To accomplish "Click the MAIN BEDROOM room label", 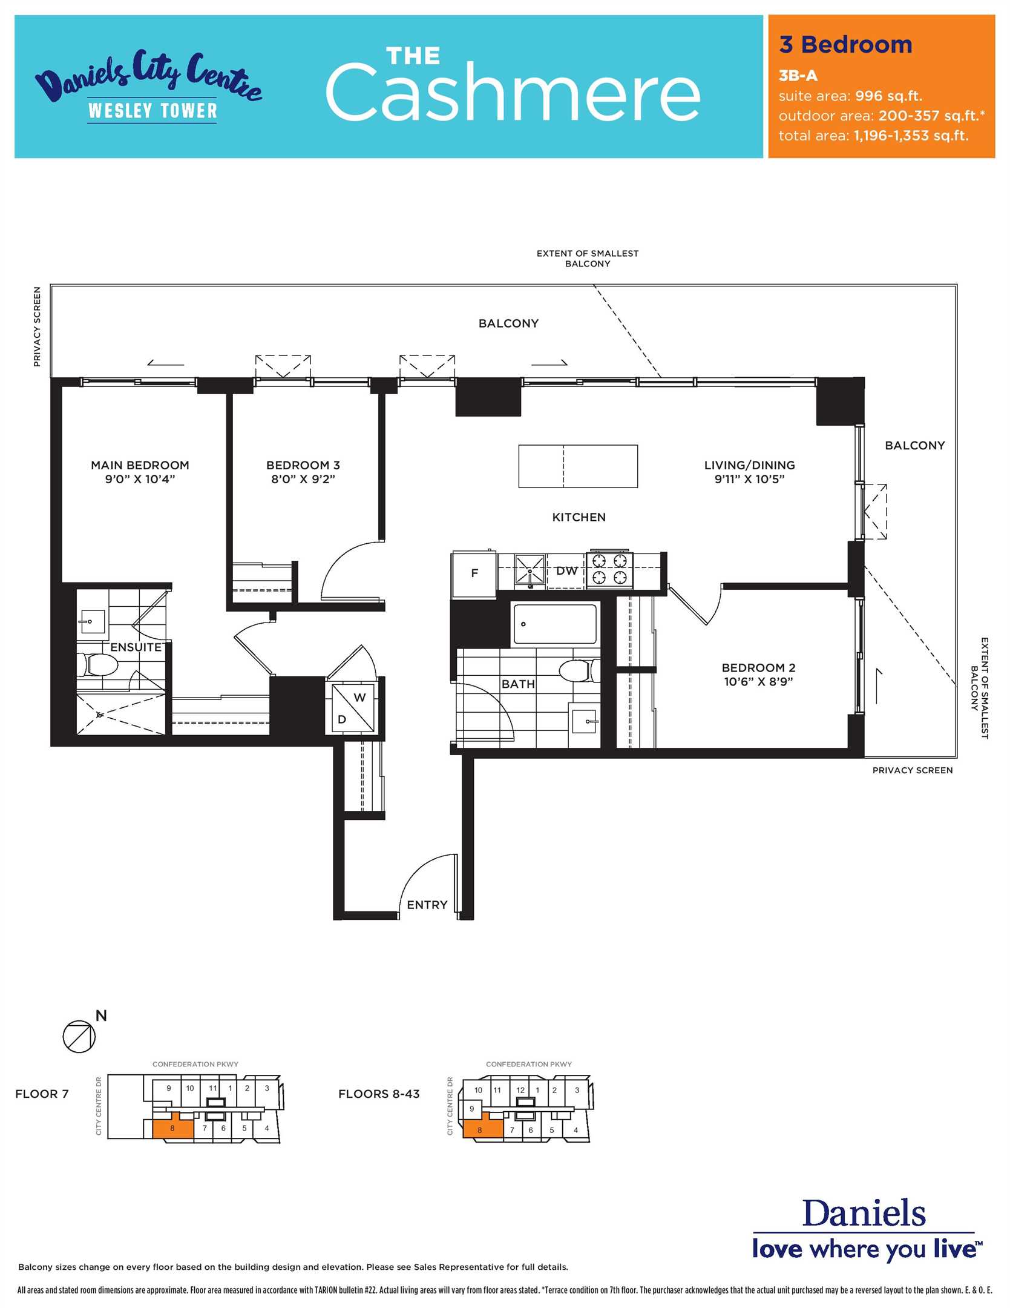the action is click(x=140, y=465).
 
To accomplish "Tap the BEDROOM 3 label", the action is click(x=303, y=465).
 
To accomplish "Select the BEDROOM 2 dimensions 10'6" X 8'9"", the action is click(x=758, y=681).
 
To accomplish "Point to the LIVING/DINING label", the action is click(x=749, y=465).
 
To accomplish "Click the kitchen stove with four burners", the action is click(x=609, y=570).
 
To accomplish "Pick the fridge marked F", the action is click(x=474, y=573).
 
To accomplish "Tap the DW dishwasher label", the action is click(x=566, y=570).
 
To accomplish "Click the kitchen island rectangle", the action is click(x=578, y=466).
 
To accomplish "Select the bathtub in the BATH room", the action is click(x=555, y=624).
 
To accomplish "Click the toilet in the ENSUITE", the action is click(x=97, y=665).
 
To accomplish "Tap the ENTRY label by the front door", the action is click(x=427, y=905).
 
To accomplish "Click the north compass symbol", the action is click(x=79, y=1036).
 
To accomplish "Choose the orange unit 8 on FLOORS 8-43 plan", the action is click(x=482, y=1128).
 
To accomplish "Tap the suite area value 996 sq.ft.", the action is click(x=888, y=96).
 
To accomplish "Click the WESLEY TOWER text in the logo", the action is click(x=152, y=111).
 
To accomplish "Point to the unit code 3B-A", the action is click(x=798, y=76).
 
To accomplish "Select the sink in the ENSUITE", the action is click(x=92, y=621).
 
